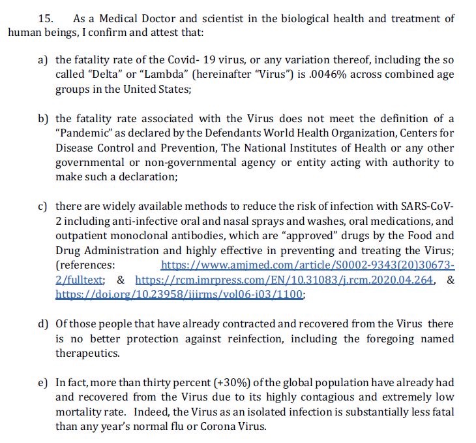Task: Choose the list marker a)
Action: coord(44,59)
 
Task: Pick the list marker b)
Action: coord(44,118)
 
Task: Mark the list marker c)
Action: coord(43,206)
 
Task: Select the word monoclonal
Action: coord(143,249)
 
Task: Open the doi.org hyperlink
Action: coord(179,295)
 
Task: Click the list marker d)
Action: coord(44,324)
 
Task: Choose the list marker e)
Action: coord(44,382)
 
